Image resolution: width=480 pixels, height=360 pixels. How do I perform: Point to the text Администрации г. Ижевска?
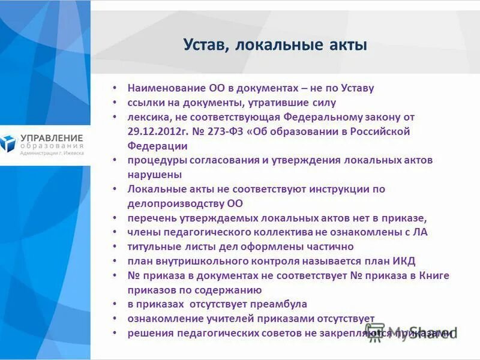point(52,153)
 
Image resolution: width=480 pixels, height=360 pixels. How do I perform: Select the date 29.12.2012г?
point(156,131)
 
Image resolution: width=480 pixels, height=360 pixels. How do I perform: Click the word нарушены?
point(154,175)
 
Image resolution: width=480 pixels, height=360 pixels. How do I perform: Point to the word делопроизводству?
point(176,203)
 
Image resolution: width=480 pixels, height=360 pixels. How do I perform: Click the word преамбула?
point(281,304)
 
